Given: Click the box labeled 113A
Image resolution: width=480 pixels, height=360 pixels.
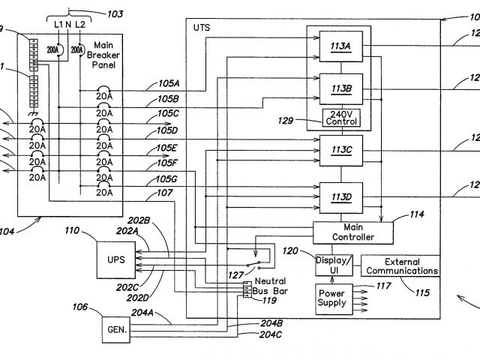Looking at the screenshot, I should [x=340, y=46].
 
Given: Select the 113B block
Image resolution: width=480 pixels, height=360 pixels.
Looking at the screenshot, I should [x=340, y=88].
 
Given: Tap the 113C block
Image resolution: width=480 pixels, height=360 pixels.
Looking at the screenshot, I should [x=340, y=151].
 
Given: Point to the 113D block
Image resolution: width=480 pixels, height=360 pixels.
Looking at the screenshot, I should [x=340, y=198].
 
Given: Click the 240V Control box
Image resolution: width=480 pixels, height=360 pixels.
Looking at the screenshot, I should [x=340, y=118].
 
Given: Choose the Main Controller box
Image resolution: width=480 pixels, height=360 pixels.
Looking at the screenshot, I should [x=352, y=232].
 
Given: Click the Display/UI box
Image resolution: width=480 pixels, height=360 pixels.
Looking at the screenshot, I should [x=333, y=264].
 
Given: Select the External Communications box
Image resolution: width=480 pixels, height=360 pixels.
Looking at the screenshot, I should [x=401, y=265].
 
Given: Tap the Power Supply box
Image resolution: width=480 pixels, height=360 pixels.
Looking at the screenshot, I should [x=332, y=298].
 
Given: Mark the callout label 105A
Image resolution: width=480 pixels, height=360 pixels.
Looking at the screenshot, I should [x=169, y=83].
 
